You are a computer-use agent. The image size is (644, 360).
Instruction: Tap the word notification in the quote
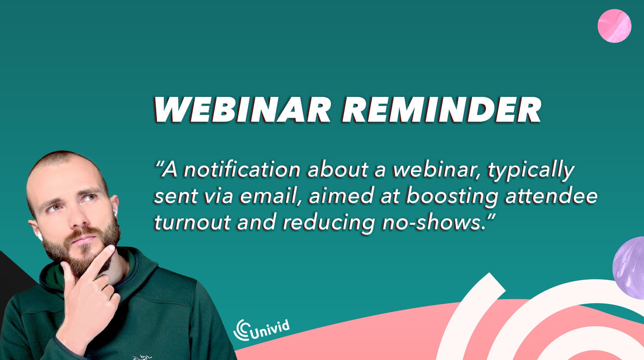point(242,170)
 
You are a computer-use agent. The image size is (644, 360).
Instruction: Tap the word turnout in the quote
point(192,222)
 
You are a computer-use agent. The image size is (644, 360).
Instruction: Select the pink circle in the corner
point(614,26)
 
